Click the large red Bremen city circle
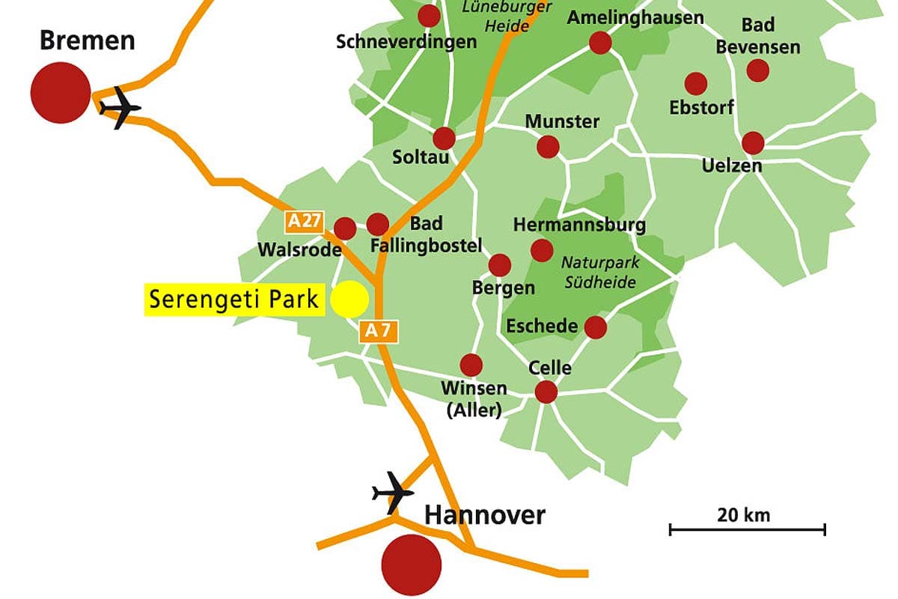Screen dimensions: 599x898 [61, 93]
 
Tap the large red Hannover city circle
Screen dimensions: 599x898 [412, 565]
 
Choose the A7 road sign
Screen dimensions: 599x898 [379, 331]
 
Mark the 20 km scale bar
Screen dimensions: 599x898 [747, 529]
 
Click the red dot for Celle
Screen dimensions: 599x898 [546, 392]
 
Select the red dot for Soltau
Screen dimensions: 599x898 [444, 139]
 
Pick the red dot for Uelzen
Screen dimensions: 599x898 [753, 142]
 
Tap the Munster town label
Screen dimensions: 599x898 [562, 121]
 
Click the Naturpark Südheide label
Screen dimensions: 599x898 [599, 273]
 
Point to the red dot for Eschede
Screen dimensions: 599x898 [595, 327]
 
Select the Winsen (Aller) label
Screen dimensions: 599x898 [474, 399]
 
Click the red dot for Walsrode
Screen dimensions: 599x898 [345, 228]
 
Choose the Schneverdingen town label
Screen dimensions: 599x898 [406, 42]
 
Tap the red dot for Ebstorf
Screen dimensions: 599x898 [696, 83]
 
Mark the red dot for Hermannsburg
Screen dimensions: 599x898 [542, 250]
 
